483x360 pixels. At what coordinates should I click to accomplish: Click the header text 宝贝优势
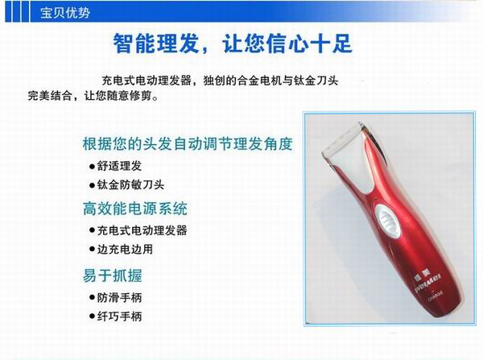click(65, 13)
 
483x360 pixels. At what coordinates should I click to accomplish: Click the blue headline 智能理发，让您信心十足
click(233, 43)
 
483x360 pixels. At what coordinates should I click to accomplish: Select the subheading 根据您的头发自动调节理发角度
click(188, 144)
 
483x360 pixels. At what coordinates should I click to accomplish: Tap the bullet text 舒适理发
click(119, 166)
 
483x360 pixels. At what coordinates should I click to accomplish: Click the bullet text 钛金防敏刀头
click(130, 185)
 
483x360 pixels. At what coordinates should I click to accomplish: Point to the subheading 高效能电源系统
click(135, 209)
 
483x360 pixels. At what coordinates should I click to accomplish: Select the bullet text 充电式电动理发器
click(142, 230)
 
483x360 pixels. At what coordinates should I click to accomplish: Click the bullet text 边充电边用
click(125, 250)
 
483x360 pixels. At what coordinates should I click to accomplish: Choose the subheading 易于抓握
click(113, 275)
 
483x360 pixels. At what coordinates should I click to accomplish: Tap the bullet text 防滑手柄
click(119, 298)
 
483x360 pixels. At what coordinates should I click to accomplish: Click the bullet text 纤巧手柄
click(119, 317)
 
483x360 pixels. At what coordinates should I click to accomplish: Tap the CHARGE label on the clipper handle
click(436, 295)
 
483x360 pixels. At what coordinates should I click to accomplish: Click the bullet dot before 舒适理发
click(92, 167)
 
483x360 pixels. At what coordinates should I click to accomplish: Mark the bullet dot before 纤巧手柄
click(92, 317)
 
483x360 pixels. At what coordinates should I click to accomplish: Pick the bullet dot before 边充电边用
click(92, 250)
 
